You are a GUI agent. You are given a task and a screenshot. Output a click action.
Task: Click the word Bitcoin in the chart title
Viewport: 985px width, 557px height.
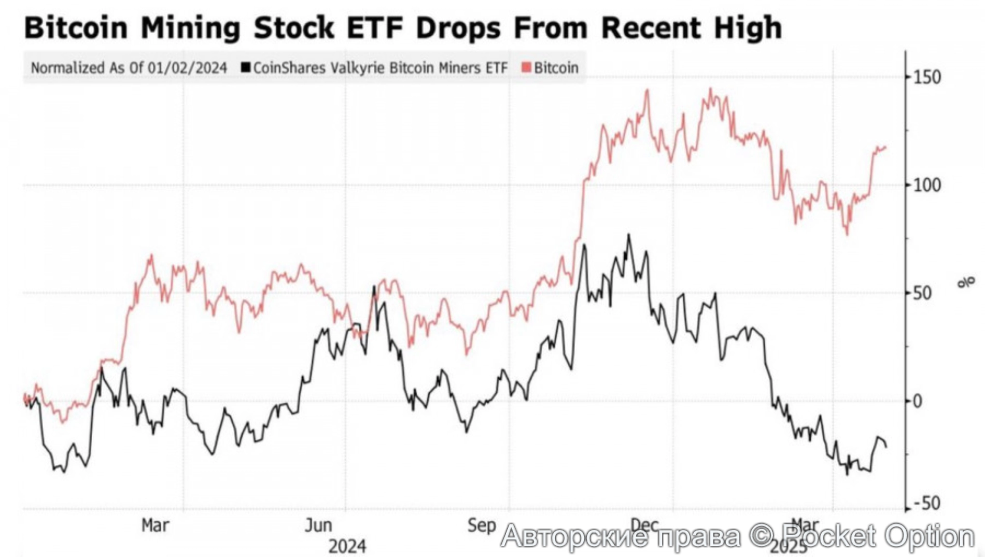pyautogui.click(x=76, y=27)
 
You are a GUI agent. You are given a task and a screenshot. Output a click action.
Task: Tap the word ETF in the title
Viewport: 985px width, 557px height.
pyautogui.click(x=374, y=27)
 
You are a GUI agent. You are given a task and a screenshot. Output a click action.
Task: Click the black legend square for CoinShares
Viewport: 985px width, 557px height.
pyautogui.click(x=246, y=67)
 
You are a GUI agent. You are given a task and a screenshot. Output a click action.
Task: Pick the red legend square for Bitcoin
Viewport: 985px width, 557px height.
pyautogui.click(x=526, y=67)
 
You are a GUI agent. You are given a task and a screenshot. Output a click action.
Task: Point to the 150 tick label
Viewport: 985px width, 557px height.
pyautogui.click(x=926, y=77)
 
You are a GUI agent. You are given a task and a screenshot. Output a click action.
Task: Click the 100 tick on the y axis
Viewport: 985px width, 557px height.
pyautogui.click(x=926, y=185)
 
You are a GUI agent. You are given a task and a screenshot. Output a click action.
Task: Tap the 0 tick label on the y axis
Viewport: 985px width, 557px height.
pyautogui.click(x=917, y=401)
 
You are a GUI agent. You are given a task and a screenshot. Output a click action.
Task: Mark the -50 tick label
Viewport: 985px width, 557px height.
pyautogui.click(x=926, y=504)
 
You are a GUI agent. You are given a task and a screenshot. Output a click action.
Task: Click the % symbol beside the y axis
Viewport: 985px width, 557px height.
pyautogui.click(x=965, y=282)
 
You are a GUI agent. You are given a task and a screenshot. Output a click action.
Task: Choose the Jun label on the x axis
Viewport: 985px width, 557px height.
pyautogui.click(x=318, y=525)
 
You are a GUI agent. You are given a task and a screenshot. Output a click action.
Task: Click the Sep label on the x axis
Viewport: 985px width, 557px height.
pyautogui.click(x=482, y=525)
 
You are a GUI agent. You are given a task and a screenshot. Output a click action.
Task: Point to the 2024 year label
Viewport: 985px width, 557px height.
pyautogui.click(x=347, y=546)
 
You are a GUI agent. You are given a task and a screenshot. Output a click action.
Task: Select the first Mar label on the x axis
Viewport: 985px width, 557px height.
pyautogui.click(x=155, y=525)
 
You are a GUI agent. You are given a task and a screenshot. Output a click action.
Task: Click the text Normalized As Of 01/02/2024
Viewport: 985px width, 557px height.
pyautogui.click(x=129, y=68)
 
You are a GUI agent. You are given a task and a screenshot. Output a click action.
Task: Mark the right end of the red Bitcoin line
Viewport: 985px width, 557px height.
pyautogui.click(x=885, y=148)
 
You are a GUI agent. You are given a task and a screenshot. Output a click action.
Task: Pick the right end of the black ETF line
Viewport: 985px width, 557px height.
pyautogui.click(x=886, y=447)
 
